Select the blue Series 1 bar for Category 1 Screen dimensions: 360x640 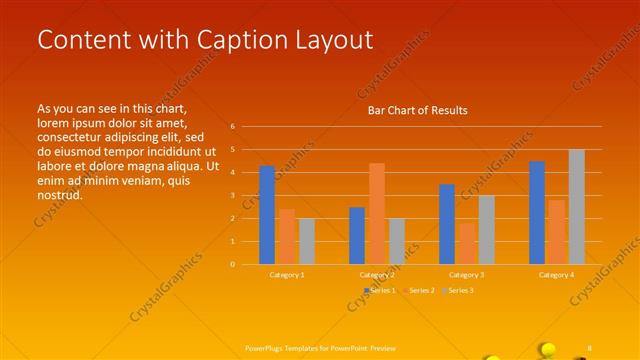point(267,215)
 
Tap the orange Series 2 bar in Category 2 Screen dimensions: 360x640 point(376,213)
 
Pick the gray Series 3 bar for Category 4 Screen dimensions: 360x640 point(576,207)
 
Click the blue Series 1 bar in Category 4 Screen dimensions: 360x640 point(537,212)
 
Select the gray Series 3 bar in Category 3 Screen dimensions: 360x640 point(486,229)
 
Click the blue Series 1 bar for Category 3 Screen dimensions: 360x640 point(447,224)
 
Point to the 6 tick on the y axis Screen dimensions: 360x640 point(232,127)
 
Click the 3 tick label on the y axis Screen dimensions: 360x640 point(232,196)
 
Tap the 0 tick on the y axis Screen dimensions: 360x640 point(232,264)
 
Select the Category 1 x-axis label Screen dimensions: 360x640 point(287,274)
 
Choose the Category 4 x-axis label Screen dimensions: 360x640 point(557,274)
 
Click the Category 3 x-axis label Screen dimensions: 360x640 point(467,274)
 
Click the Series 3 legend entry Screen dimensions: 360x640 point(460,290)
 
